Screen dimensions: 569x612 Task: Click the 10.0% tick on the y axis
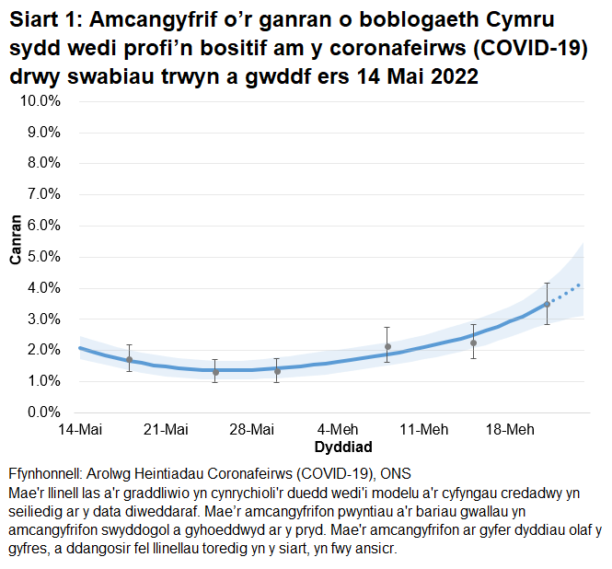(40, 100)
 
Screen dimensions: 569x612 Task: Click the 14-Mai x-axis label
(80, 430)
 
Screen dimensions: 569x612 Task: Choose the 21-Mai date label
(166, 430)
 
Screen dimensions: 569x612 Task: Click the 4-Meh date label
(338, 430)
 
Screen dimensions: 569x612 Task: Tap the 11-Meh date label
(423, 430)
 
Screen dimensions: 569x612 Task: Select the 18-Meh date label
(509, 430)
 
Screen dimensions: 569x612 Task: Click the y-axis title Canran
(16, 240)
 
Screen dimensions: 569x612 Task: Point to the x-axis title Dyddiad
(342, 447)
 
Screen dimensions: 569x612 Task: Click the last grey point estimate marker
(547, 304)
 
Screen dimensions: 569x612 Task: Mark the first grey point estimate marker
(129, 359)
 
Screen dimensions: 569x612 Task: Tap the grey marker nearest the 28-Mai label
(276, 371)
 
